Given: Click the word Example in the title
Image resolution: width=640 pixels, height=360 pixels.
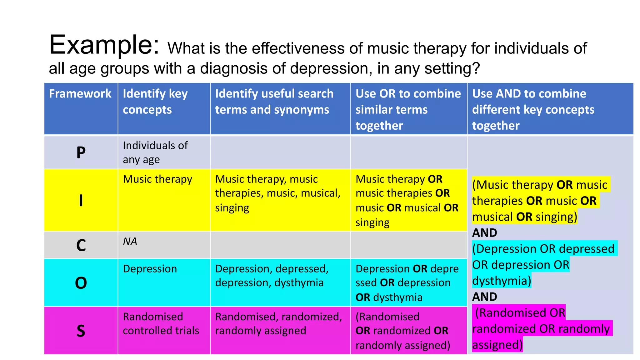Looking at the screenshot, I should click(104, 45).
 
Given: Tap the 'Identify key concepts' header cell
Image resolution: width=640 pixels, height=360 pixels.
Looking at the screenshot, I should click(155, 102).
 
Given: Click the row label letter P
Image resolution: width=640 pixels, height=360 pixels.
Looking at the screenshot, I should click(81, 153).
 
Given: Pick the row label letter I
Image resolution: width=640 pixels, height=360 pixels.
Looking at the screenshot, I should click(81, 200).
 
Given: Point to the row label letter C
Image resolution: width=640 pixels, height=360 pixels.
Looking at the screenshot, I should click(81, 245).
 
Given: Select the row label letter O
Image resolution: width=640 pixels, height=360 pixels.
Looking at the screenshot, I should click(81, 283).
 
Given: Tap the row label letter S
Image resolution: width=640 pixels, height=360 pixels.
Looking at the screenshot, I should click(81, 331).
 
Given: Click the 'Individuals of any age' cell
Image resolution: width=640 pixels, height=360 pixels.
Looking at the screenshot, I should click(155, 152).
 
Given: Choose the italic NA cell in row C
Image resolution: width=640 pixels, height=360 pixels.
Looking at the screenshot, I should click(130, 242).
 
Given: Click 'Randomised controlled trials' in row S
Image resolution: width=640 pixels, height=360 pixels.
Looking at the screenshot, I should click(161, 323).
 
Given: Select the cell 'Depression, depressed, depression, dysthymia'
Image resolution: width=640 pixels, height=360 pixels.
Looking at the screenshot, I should click(272, 276).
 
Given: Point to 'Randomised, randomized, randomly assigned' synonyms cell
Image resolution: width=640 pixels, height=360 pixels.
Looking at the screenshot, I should click(278, 323).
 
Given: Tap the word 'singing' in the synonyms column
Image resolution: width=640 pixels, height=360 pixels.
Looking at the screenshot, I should click(232, 208).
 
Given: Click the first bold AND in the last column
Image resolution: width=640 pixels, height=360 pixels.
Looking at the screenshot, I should click(484, 233).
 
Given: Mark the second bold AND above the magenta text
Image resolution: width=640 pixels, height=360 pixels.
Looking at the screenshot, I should click(484, 297).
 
